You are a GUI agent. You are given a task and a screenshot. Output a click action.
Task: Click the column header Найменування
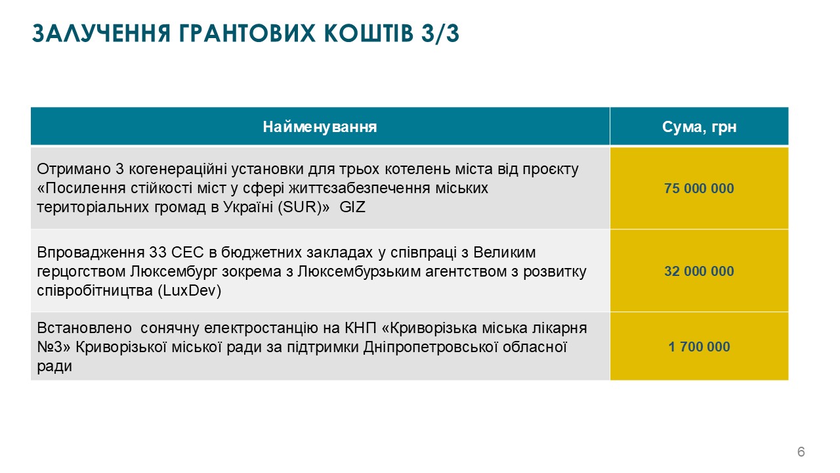(320, 127)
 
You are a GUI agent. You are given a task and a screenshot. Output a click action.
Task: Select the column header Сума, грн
(699, 127)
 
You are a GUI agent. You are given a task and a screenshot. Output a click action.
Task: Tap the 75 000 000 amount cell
(699, 189)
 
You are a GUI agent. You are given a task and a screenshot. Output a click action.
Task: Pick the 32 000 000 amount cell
(699, 271)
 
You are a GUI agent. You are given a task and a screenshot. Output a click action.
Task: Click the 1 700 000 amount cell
(699, 346)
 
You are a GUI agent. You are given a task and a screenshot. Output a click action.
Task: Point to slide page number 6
(801, 452)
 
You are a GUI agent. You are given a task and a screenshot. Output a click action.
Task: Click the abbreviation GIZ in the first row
(353, 207)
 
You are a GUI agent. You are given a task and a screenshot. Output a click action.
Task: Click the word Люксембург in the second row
(167, 271)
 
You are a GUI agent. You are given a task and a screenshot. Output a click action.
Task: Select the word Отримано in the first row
(66, 169)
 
